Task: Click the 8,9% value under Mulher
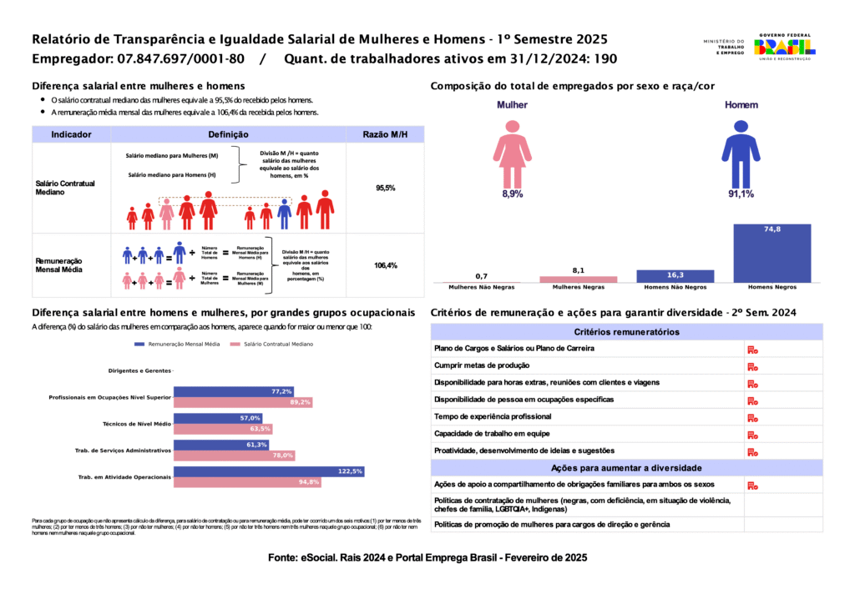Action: click(x=512, y=194)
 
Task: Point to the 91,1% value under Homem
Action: click(x=741, y=194)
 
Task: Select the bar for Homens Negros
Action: click(x=772, y=254)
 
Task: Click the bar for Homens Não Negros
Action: click(x=675, y=276)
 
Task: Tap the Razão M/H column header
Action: click(x=385, y=134)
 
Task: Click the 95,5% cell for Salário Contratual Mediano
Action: click(x=385, y=189)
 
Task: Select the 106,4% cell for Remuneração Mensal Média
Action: click(x=385, y=266)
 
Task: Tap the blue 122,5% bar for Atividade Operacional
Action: click(x=269, y=471)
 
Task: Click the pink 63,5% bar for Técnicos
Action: click(x=223, y=429)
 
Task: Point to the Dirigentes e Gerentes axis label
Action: click(x=139, y=370)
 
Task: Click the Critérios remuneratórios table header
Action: click(x=626, y=332)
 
